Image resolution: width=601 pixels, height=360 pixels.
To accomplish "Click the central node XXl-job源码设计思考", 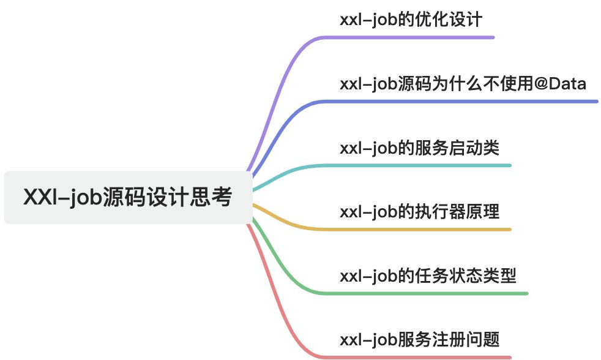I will tap(128, 198).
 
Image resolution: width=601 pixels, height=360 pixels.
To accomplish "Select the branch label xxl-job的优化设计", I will tap(411, 20).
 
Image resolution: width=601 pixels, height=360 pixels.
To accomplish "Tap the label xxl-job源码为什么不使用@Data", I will tap(463, 83).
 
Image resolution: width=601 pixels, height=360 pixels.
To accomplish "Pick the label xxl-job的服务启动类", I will tap(419, 148).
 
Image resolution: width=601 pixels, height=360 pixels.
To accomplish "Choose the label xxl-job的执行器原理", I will tap(419, 212).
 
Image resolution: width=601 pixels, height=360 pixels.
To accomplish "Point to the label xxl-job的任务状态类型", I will tap(428, 276).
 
